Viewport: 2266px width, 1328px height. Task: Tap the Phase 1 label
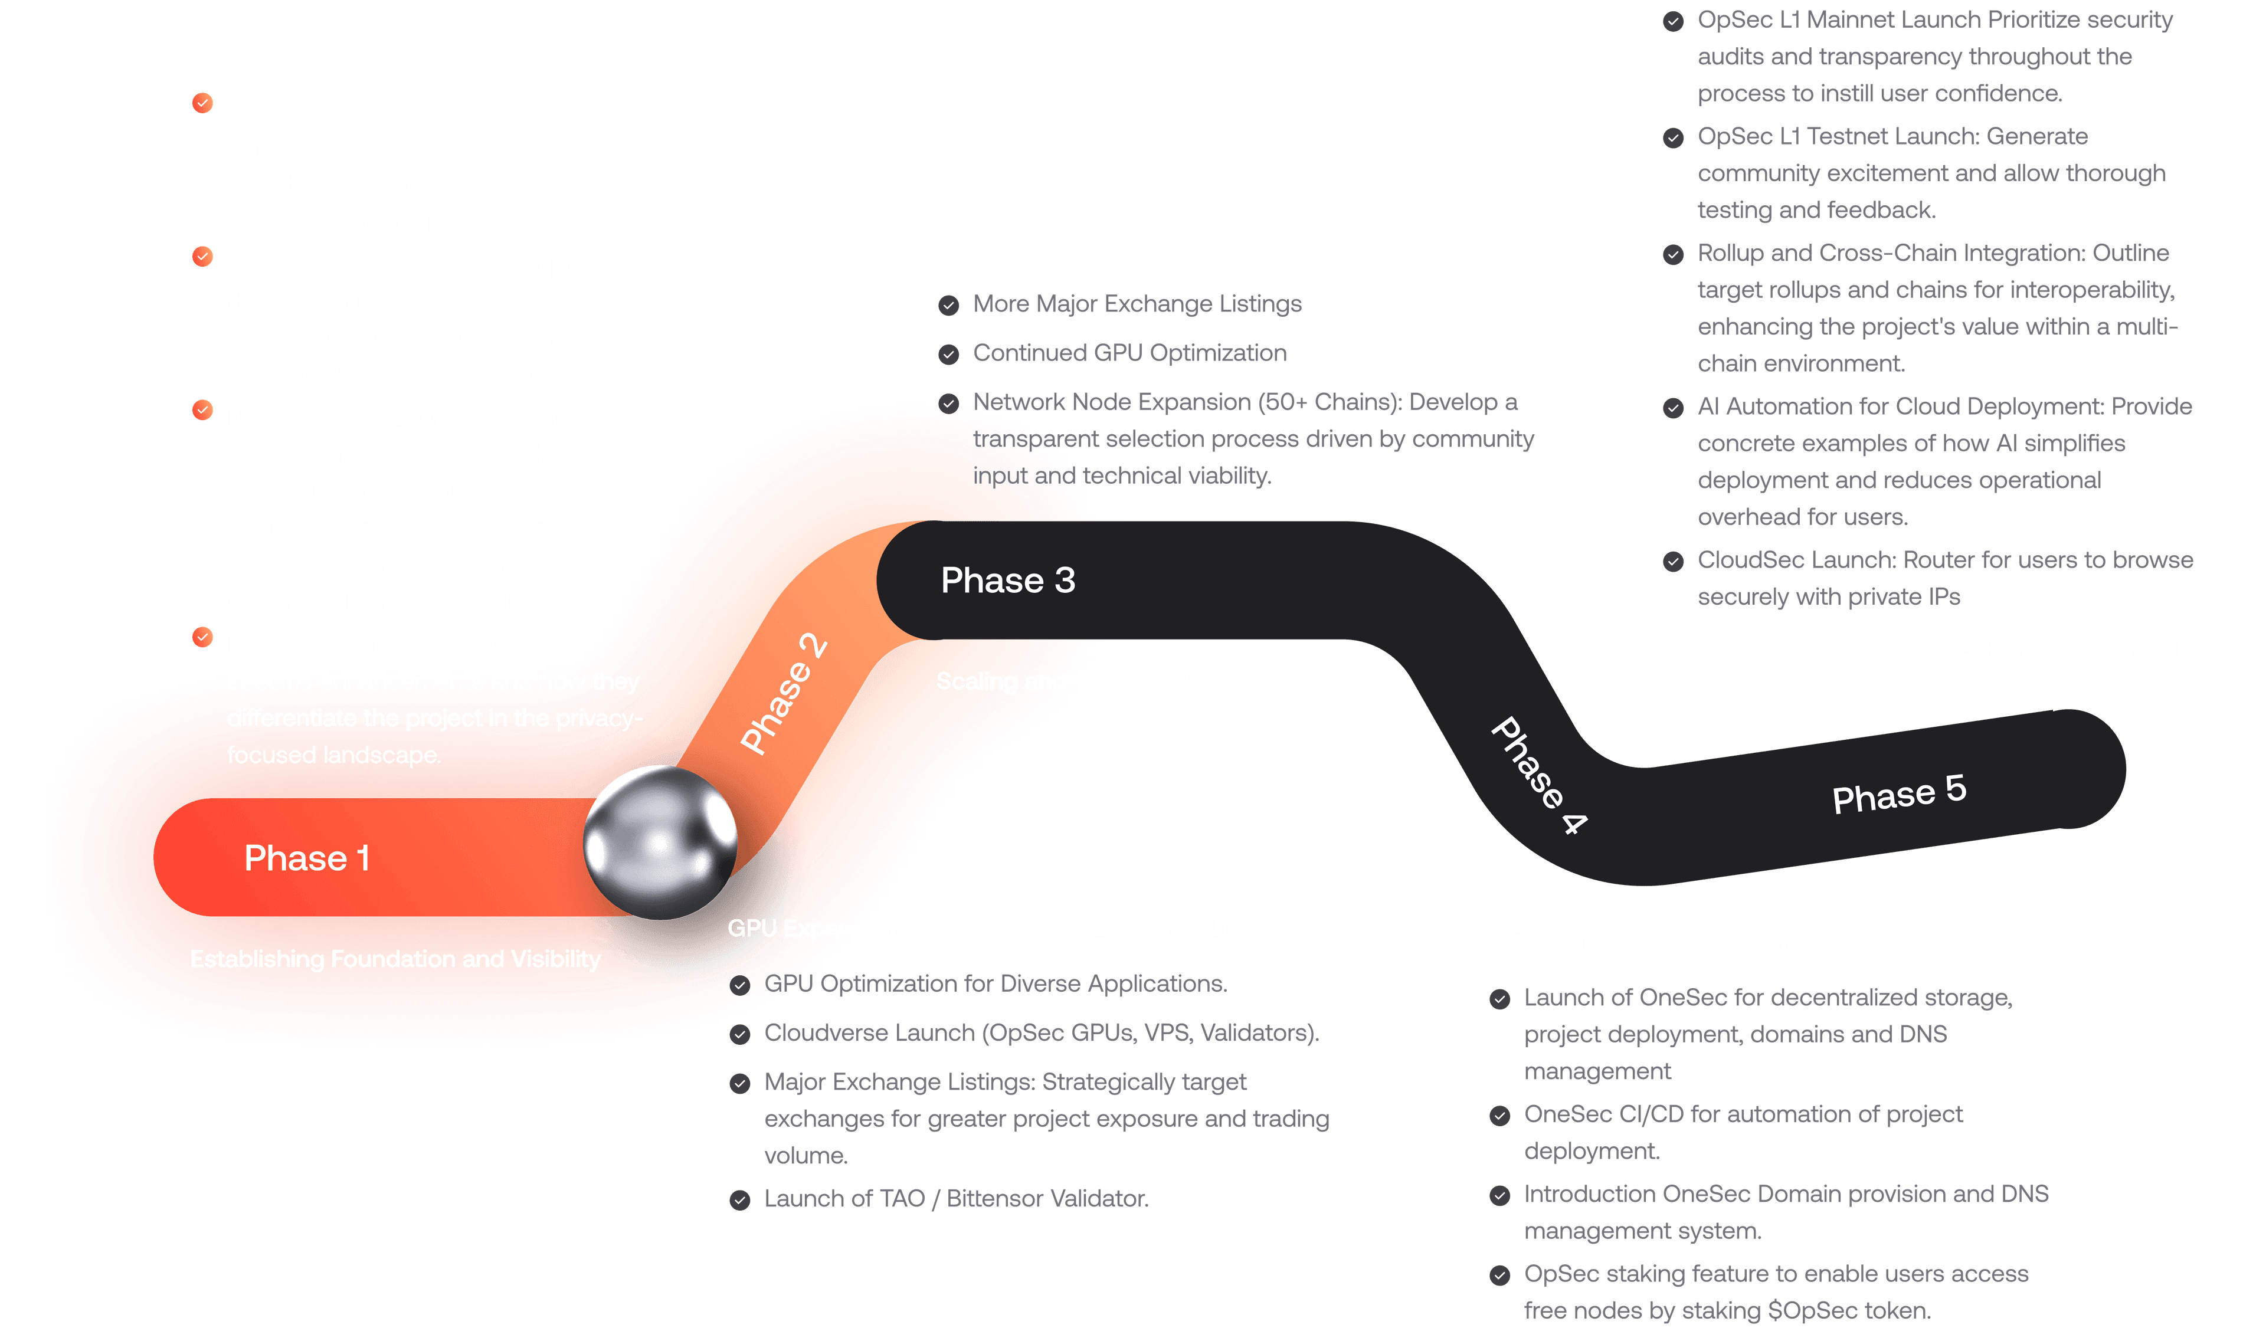307,858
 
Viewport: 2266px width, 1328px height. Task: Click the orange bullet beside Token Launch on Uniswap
202,103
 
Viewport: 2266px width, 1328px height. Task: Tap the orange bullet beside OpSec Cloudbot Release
202,257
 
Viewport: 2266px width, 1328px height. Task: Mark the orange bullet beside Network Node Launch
202,411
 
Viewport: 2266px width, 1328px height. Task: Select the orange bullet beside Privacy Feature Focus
202,638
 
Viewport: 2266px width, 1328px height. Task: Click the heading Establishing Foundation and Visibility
395,959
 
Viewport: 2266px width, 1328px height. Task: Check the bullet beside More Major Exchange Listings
949,306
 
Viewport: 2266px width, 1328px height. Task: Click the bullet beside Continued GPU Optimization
949,354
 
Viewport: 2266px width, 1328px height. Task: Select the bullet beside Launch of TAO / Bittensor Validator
740,1201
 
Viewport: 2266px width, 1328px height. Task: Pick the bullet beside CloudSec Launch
1672,562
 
